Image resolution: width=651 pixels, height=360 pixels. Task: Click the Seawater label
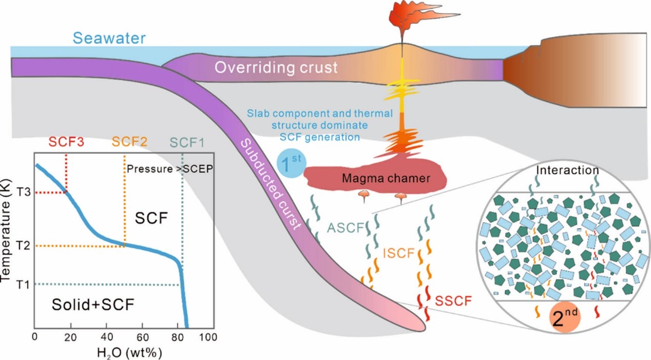[x=109, y=38]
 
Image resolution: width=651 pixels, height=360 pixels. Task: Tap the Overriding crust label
[x=276, y=67]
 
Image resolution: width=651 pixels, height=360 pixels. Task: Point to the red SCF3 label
[x=66, y=142]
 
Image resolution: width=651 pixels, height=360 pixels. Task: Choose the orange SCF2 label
[x=128, y=142]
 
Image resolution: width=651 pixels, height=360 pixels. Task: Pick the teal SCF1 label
[x=187, y=142]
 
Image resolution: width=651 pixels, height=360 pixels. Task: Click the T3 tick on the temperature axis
[x=20, y=192]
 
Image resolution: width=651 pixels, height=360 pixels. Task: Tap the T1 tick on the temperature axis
[x=20, y=284]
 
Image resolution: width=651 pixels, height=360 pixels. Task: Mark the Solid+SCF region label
[x=92, y=305]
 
